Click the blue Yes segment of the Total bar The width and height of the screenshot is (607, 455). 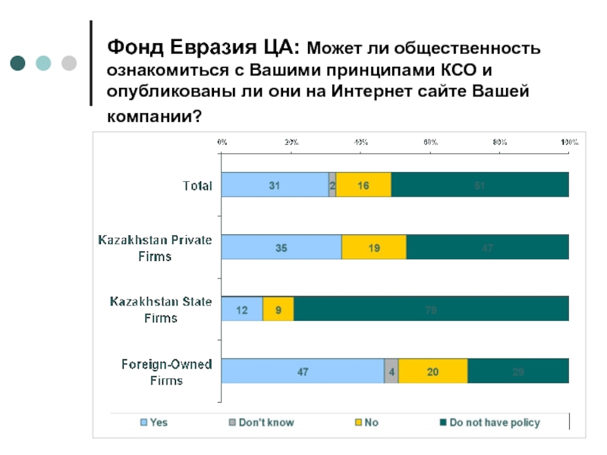click(274, 185)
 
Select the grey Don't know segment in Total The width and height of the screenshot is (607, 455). click(332, 185)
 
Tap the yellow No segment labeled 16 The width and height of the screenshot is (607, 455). click(363, 185)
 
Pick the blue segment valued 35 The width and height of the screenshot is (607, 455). click(281, 247)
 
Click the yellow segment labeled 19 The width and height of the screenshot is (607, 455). click(374, 247)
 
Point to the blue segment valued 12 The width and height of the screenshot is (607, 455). click(242, 309)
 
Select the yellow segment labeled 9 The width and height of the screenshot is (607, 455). click(278, 309)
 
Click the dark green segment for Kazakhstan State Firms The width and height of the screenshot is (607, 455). click(431, 309)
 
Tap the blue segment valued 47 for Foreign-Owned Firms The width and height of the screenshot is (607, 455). click(302, 371)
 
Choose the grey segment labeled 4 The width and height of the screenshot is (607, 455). click(392, 371)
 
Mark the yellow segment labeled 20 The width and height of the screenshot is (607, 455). click(433, 371)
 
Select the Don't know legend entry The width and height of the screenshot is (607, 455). click(260, 422)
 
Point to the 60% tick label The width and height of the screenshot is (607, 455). click(430, 142)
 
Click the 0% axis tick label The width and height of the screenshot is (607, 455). click(222, 142)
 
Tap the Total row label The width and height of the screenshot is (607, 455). click(197, 185)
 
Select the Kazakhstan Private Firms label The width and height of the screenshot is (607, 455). click(155, 247)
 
